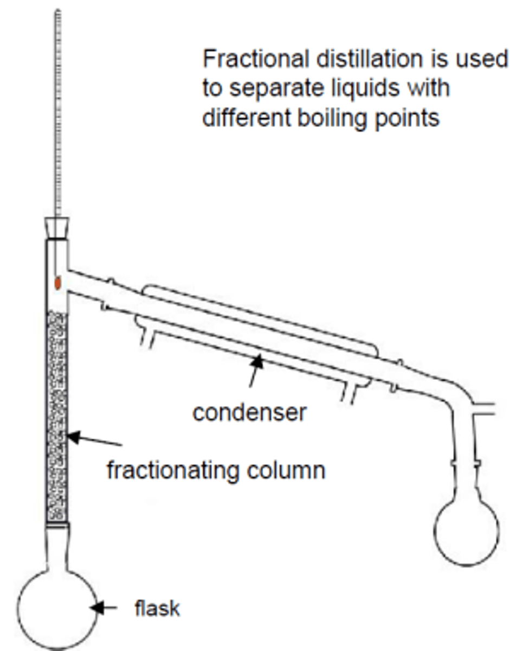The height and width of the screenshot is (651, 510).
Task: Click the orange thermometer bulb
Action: pos(57,283)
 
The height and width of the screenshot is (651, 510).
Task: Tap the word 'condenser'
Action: pos(250,413)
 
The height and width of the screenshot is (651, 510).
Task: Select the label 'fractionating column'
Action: pos(216,470)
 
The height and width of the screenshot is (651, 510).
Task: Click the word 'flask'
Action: pos(157,609)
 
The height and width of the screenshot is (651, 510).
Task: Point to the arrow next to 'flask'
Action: pos(104,608)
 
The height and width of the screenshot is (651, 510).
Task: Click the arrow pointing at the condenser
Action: pos(256,371)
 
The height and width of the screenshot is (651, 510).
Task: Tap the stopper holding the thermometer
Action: pos(57,228)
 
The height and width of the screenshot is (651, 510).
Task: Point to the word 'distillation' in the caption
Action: pos(369,59)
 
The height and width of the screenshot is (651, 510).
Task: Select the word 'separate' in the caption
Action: pos(276,89)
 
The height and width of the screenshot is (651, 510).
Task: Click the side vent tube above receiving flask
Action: pos(483,410)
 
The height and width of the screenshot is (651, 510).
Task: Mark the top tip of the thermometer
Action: pos(58,10)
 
